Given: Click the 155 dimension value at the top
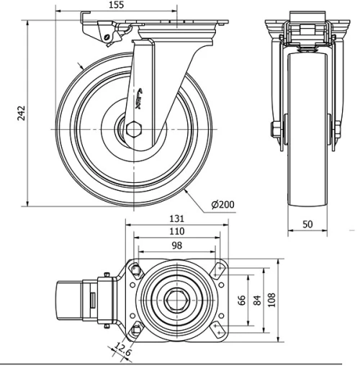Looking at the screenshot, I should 117,5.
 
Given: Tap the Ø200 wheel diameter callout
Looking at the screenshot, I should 223,205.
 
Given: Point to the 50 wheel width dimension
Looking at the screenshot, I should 307,224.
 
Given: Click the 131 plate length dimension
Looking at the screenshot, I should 176,219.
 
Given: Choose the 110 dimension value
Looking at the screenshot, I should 175,232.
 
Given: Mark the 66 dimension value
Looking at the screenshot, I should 242,298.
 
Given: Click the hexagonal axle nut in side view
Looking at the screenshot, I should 135,130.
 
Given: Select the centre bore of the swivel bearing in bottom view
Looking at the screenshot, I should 176,298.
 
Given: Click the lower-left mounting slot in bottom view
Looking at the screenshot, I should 135,330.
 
